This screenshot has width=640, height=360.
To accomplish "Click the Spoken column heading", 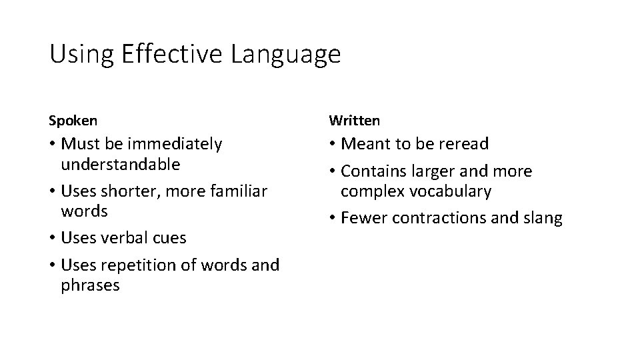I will [73, 121].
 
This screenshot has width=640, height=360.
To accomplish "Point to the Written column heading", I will [354, 121].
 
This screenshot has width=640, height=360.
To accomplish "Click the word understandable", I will [120, 164].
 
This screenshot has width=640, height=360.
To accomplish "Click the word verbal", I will [127, 238].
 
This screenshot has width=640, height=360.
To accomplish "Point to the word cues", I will [169, 238].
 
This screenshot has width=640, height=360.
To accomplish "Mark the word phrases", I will [90, 286].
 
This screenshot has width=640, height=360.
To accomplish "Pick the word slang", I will [541, 219].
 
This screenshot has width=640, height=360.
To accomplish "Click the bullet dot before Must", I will [53, 145].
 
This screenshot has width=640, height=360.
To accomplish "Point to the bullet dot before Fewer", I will [333, 218].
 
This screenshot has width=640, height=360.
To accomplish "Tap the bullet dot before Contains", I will [333, 171].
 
